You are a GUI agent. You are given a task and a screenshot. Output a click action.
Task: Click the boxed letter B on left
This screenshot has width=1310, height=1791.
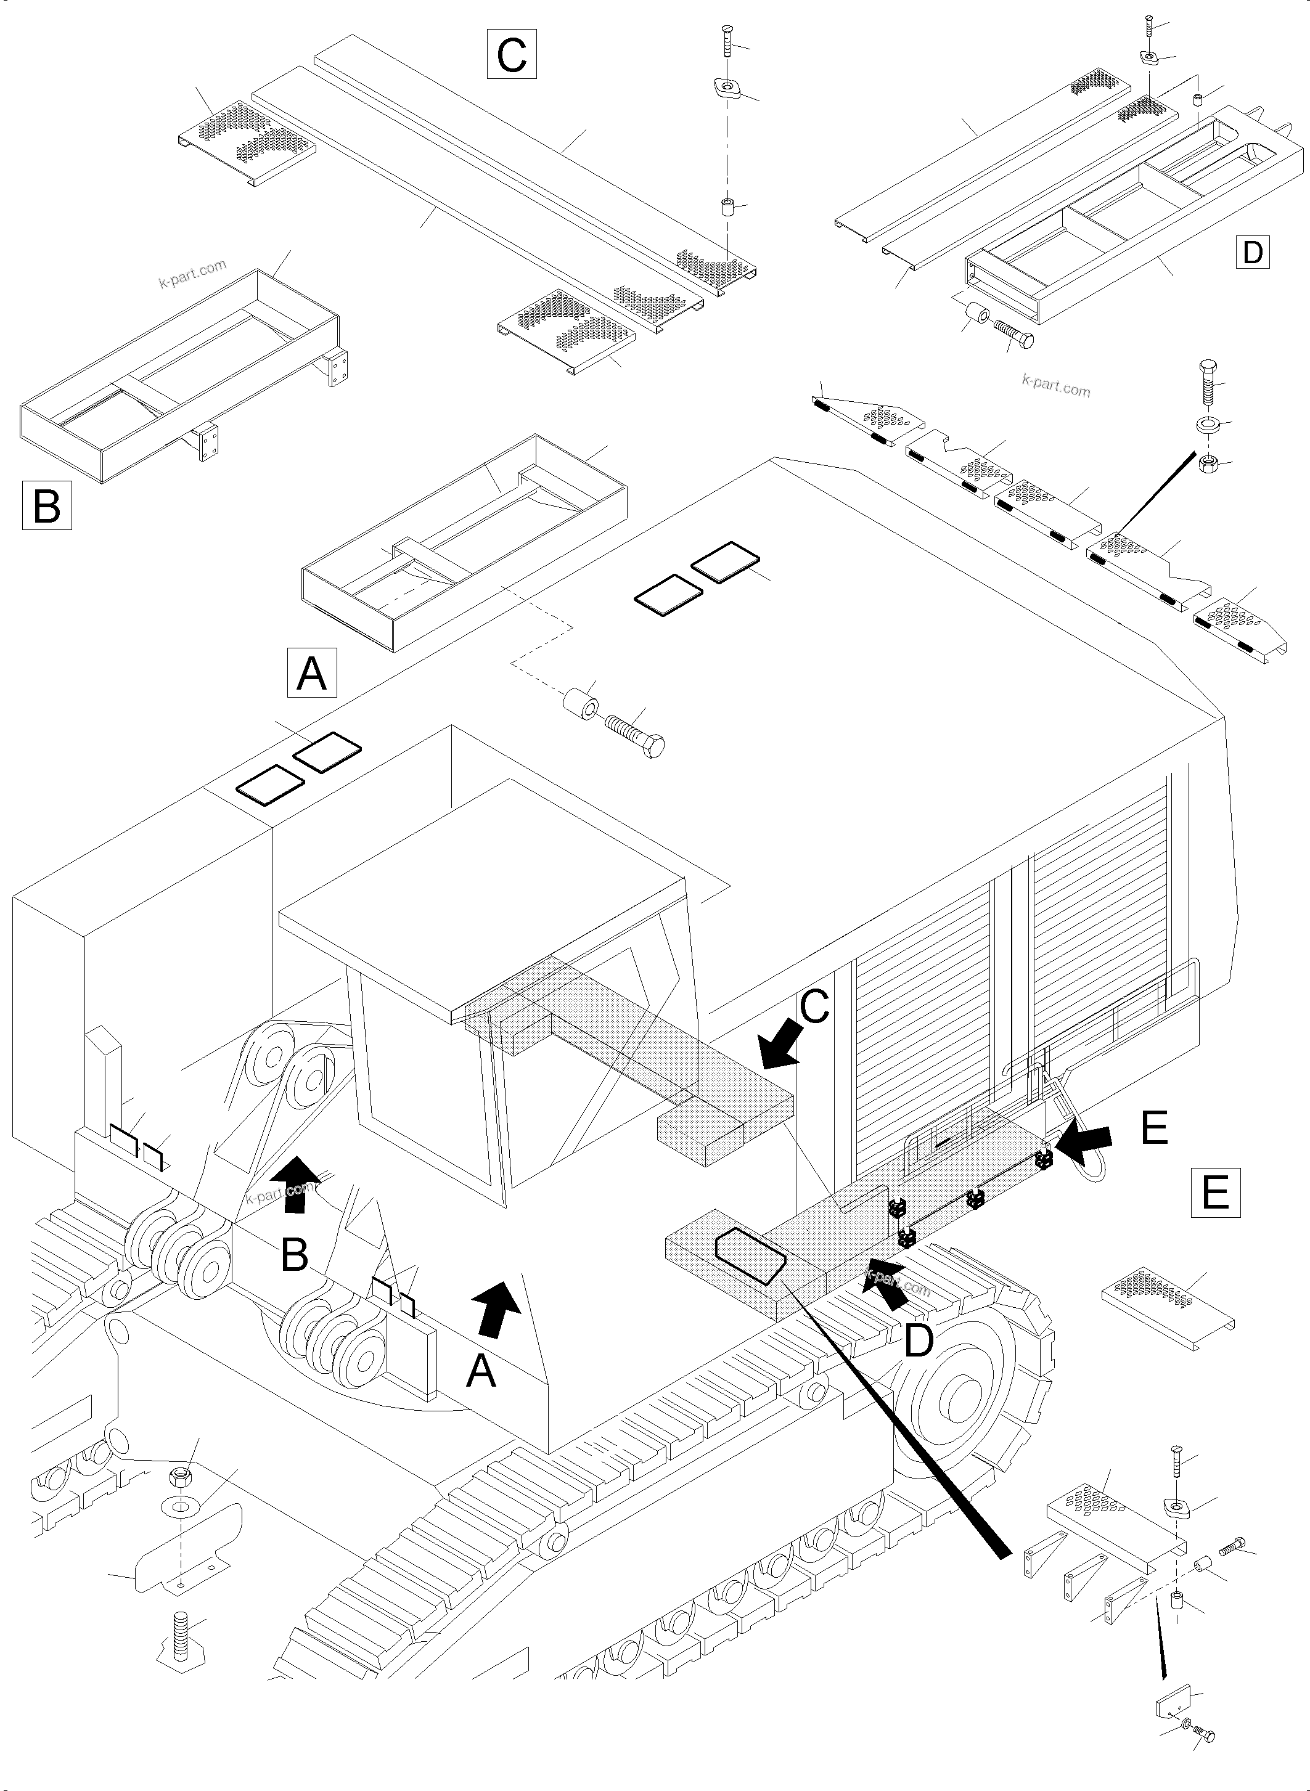[x=47, y=505]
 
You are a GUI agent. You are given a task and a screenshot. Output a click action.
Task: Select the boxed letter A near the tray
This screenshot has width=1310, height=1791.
[x=312, y=673]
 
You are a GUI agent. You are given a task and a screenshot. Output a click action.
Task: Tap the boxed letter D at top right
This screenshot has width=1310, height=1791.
[x=1252, y=252]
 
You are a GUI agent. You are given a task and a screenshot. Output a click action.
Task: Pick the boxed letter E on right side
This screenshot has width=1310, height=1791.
[x=1216, y=1191]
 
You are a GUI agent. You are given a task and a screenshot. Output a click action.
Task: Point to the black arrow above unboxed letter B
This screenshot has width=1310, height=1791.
[x=296, y=1185]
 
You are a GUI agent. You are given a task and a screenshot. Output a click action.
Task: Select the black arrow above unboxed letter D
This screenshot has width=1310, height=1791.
[x=890, y=1289]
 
